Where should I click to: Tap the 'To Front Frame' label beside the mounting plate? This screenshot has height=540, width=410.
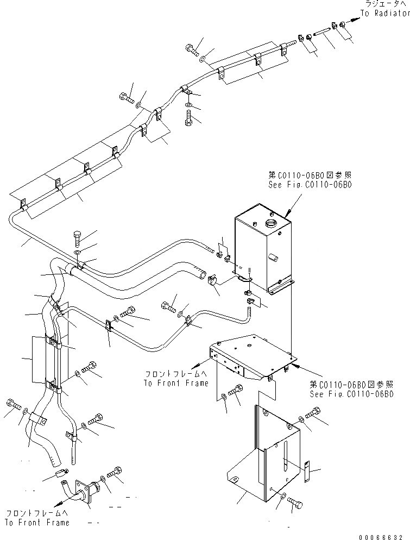point(176,382)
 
